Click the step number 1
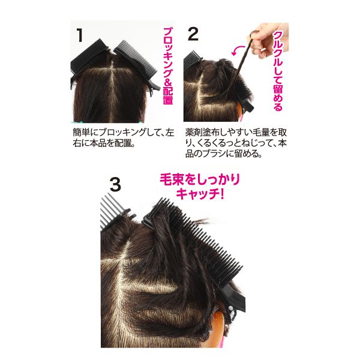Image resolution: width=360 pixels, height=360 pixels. pyautogui.click(x=80, y=35)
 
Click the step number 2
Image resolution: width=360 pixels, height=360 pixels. pyautogui.click(x=193, y=34)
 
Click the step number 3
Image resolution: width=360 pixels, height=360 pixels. pyautogui.click(x=115, y=184)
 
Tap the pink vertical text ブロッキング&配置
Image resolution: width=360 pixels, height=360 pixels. pyautogui.click(x=168, y=66)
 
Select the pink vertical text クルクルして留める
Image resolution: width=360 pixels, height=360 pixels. pyautogui.click(x=278, y=71)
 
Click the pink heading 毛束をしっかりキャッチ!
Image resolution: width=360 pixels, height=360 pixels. pyautogui.click(x=200, y=186)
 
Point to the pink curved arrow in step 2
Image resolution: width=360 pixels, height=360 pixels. pyautogui.click(x=237, y=50)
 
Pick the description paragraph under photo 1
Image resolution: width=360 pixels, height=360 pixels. pyautogui.click(x=123, y=138)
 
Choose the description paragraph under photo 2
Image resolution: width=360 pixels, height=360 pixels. pyautogui.click(x=236, y=143)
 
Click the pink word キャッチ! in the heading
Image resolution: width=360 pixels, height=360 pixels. pyautogui.click(x=200, y=193)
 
